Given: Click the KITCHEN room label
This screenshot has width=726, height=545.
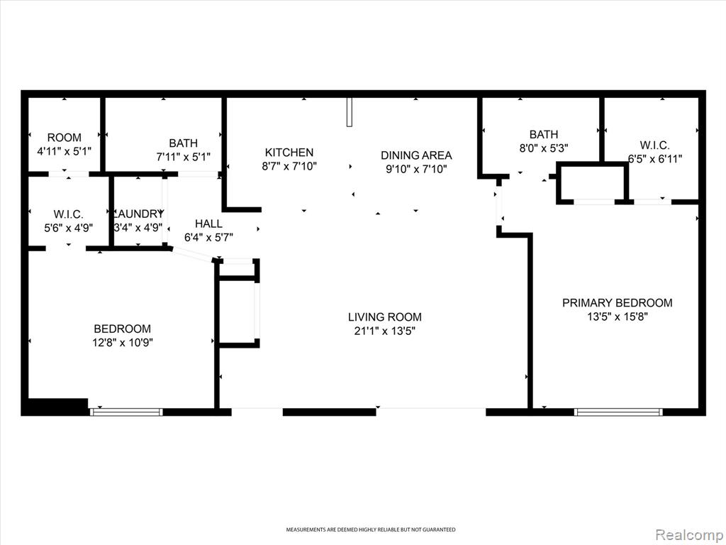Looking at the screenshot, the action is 289,152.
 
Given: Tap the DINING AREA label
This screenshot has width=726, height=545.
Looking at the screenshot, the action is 416,155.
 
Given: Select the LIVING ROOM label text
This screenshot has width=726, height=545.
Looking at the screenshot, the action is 385,317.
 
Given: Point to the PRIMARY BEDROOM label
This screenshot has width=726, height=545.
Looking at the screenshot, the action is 618,302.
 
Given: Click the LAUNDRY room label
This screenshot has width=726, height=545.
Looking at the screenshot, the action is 138,214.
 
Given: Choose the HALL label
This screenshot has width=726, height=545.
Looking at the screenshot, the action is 208,224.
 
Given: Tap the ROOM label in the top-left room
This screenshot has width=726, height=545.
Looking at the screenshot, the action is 65,137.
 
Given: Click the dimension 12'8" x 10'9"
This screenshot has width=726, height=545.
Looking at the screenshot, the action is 122,343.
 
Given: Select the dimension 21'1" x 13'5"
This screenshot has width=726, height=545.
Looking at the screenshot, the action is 385,331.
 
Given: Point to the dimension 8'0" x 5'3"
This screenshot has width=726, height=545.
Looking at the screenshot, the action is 544,148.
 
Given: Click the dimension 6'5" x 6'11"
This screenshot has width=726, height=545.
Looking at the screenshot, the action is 654,159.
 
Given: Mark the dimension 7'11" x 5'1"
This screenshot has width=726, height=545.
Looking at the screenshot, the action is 184,157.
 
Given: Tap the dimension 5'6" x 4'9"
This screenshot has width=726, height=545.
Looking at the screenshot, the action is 69,228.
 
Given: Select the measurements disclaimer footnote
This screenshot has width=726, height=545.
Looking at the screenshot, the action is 370,529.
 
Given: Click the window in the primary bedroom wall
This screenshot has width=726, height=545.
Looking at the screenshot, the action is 618,412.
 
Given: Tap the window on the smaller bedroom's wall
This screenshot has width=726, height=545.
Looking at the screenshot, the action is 126,412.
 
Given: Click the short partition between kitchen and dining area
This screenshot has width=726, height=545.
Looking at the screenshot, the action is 350,111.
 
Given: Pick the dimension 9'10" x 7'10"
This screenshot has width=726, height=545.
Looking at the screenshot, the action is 416,169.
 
